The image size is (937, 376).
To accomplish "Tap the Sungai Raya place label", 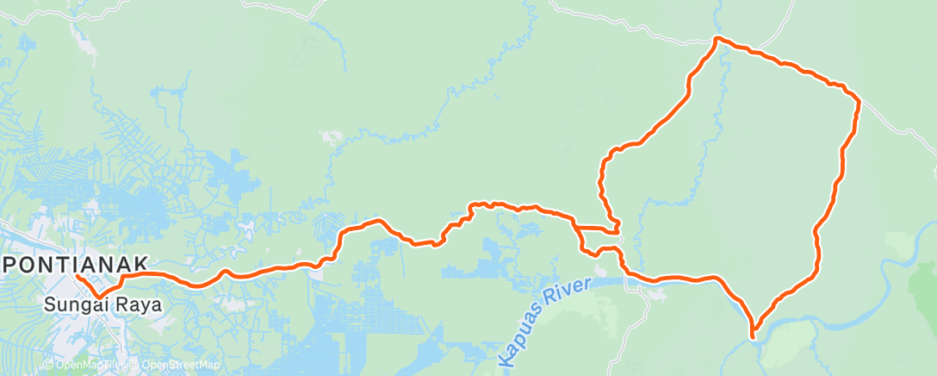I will point(102,304).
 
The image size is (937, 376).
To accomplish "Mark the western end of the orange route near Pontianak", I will point(78,277).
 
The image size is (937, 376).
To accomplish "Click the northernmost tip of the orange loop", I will point(717,38).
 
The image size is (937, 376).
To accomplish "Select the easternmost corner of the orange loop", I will point(859,103).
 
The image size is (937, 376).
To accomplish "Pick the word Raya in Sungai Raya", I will point(141,304).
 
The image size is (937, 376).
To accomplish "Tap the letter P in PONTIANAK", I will point(10,264).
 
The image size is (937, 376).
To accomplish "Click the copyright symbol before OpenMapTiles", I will point(48,366).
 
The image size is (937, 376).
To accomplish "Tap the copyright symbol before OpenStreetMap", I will point(135,366).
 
